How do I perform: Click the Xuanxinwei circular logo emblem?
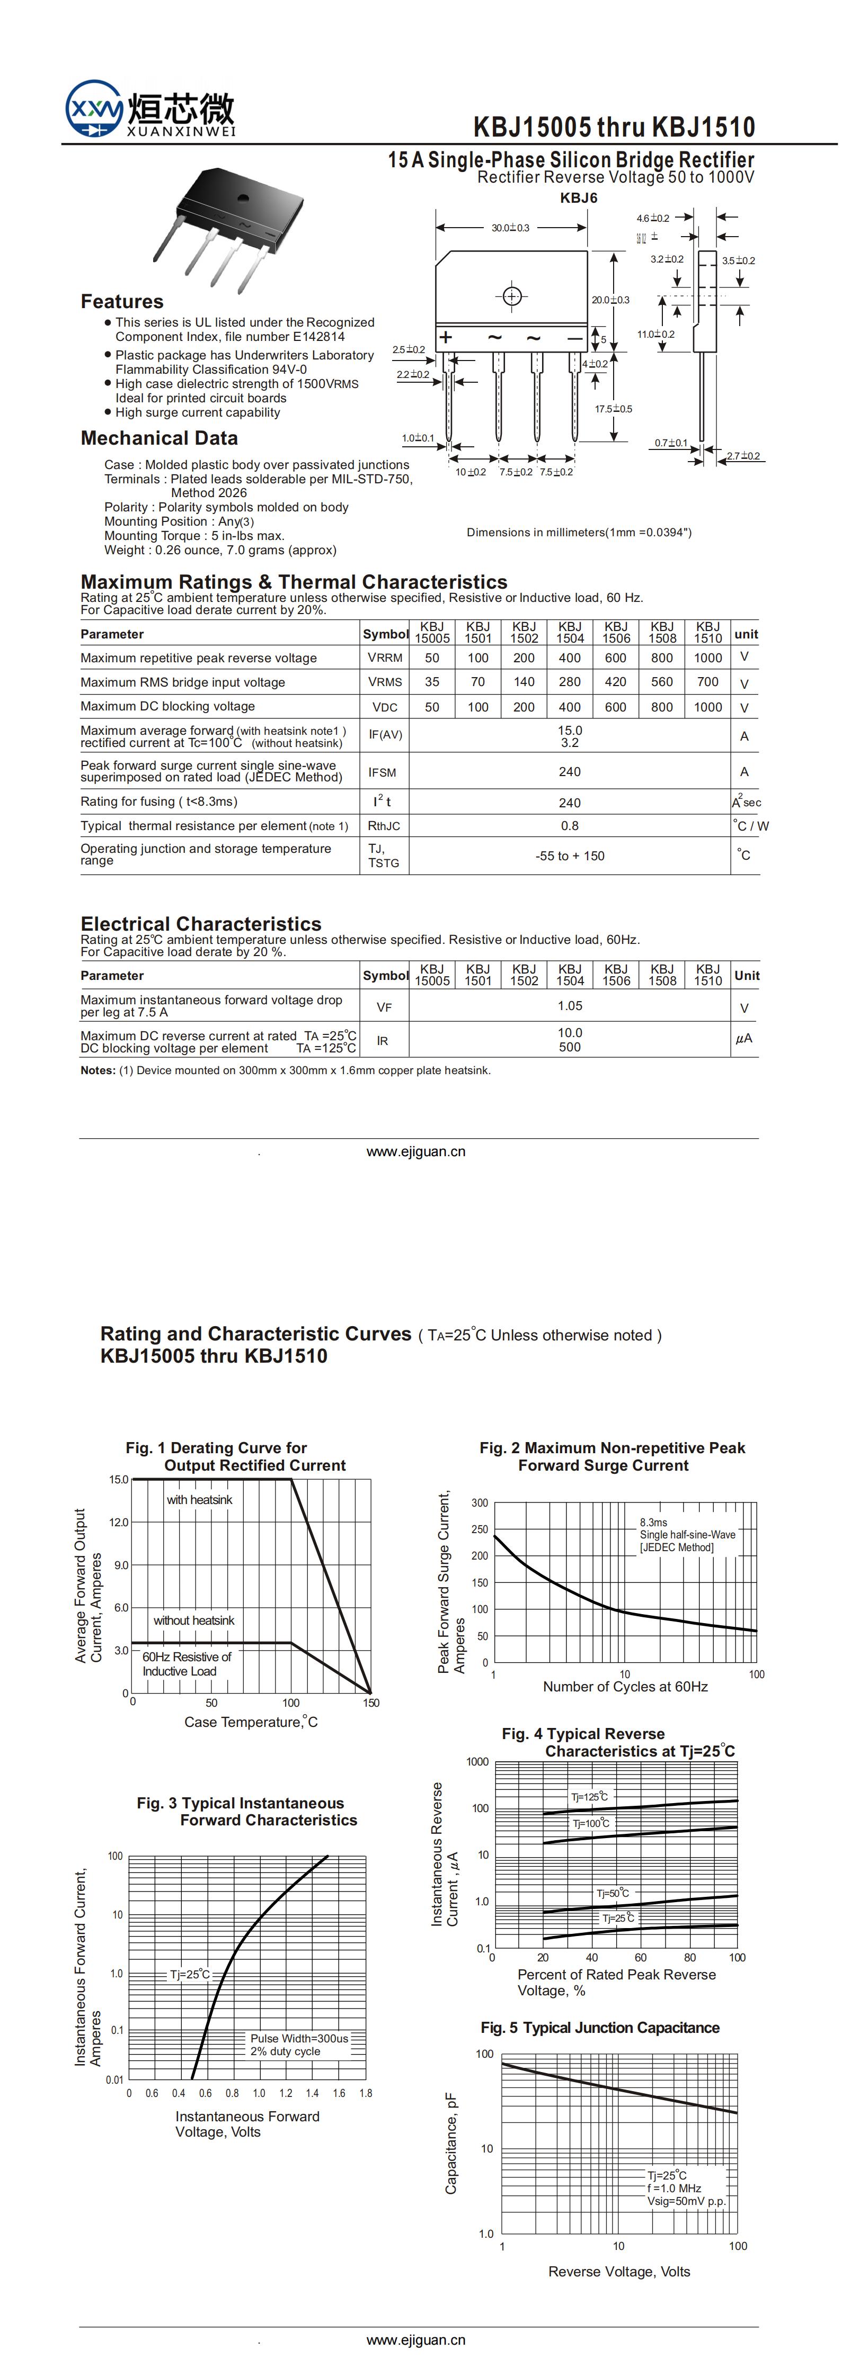93,110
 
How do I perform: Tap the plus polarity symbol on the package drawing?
446,338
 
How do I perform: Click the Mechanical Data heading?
159,438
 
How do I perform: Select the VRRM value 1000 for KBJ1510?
707,658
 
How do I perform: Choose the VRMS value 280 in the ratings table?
570,682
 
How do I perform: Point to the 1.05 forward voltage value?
570,1006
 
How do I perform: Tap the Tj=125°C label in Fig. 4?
589,1797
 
